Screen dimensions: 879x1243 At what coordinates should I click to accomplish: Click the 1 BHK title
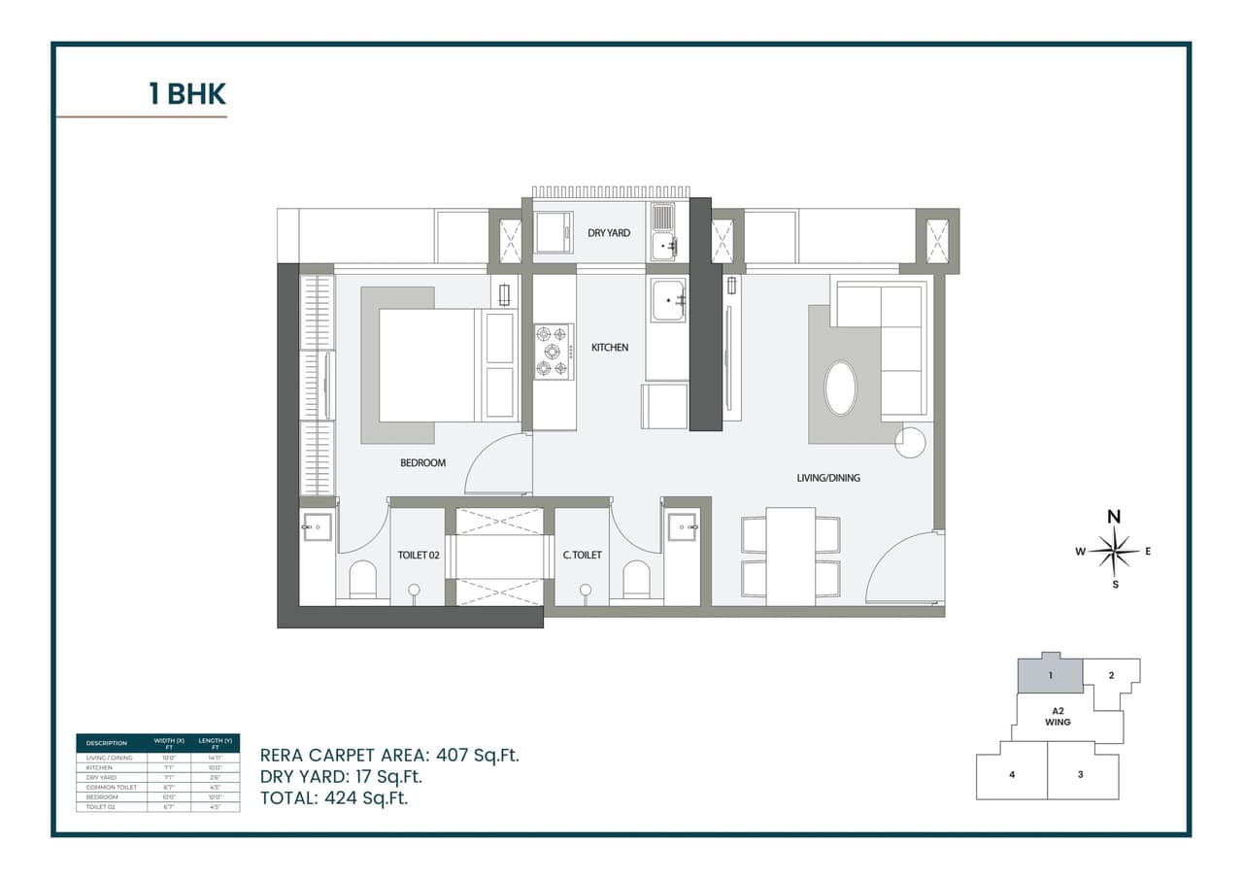tap(186, 94)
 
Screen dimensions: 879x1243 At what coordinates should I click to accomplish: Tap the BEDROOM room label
tap(422, 463)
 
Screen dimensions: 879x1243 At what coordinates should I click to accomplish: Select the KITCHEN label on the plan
tap(610, 348)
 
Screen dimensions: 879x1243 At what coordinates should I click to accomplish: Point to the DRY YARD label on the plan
tap(609, 233)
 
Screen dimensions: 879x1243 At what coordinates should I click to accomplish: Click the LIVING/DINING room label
tap(828, 478)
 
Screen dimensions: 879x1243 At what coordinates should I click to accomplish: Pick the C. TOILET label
tap(582, 556)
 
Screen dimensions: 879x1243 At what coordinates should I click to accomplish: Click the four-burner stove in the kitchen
tap(554, 352)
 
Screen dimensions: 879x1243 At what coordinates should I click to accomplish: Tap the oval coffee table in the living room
tap(841, 389)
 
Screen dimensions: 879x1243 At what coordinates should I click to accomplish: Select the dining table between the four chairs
tap(790, 556)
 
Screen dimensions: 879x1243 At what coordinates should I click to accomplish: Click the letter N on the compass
tap(1115, 517)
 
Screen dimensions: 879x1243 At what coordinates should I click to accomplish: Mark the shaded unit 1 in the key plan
tap(1050, 674)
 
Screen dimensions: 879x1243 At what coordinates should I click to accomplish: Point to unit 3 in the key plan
tap(1080, 774)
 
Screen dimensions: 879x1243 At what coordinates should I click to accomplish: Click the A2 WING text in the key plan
tap(1058, 717)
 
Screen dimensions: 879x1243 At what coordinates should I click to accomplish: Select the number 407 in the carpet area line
tap(454, 755)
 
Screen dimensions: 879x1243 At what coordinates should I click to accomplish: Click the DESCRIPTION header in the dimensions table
tap(107, 743)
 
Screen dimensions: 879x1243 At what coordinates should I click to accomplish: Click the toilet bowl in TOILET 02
tap(362, 579)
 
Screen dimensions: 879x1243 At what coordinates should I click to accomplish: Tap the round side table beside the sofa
tap(911, 443)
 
